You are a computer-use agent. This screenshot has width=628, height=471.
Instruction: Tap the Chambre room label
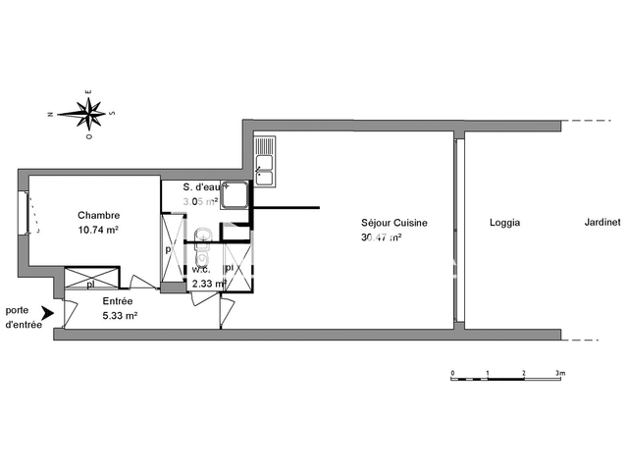[x=99, y=216]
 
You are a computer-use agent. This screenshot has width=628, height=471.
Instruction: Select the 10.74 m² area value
[x=99, y=231]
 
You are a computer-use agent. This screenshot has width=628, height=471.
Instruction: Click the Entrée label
[x=119, y=302]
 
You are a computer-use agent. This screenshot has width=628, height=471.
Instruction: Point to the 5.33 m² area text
[x=120, y=316]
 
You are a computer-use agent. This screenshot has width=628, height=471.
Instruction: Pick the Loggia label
[x=504, y=223]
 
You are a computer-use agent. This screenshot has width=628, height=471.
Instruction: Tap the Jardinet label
[x=601, y=223]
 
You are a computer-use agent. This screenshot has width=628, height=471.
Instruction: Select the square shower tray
[x=235, y=196]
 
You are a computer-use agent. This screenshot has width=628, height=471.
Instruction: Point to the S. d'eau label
[x=207, y=187]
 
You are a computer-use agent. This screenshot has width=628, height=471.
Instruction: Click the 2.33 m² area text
[x=209, y=284]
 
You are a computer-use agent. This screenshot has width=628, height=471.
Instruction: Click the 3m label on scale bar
[x=560, y=374]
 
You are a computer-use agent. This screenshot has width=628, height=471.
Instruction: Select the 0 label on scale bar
[x=451, y=374]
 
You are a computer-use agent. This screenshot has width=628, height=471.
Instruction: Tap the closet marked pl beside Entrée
[x=90, y=283]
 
